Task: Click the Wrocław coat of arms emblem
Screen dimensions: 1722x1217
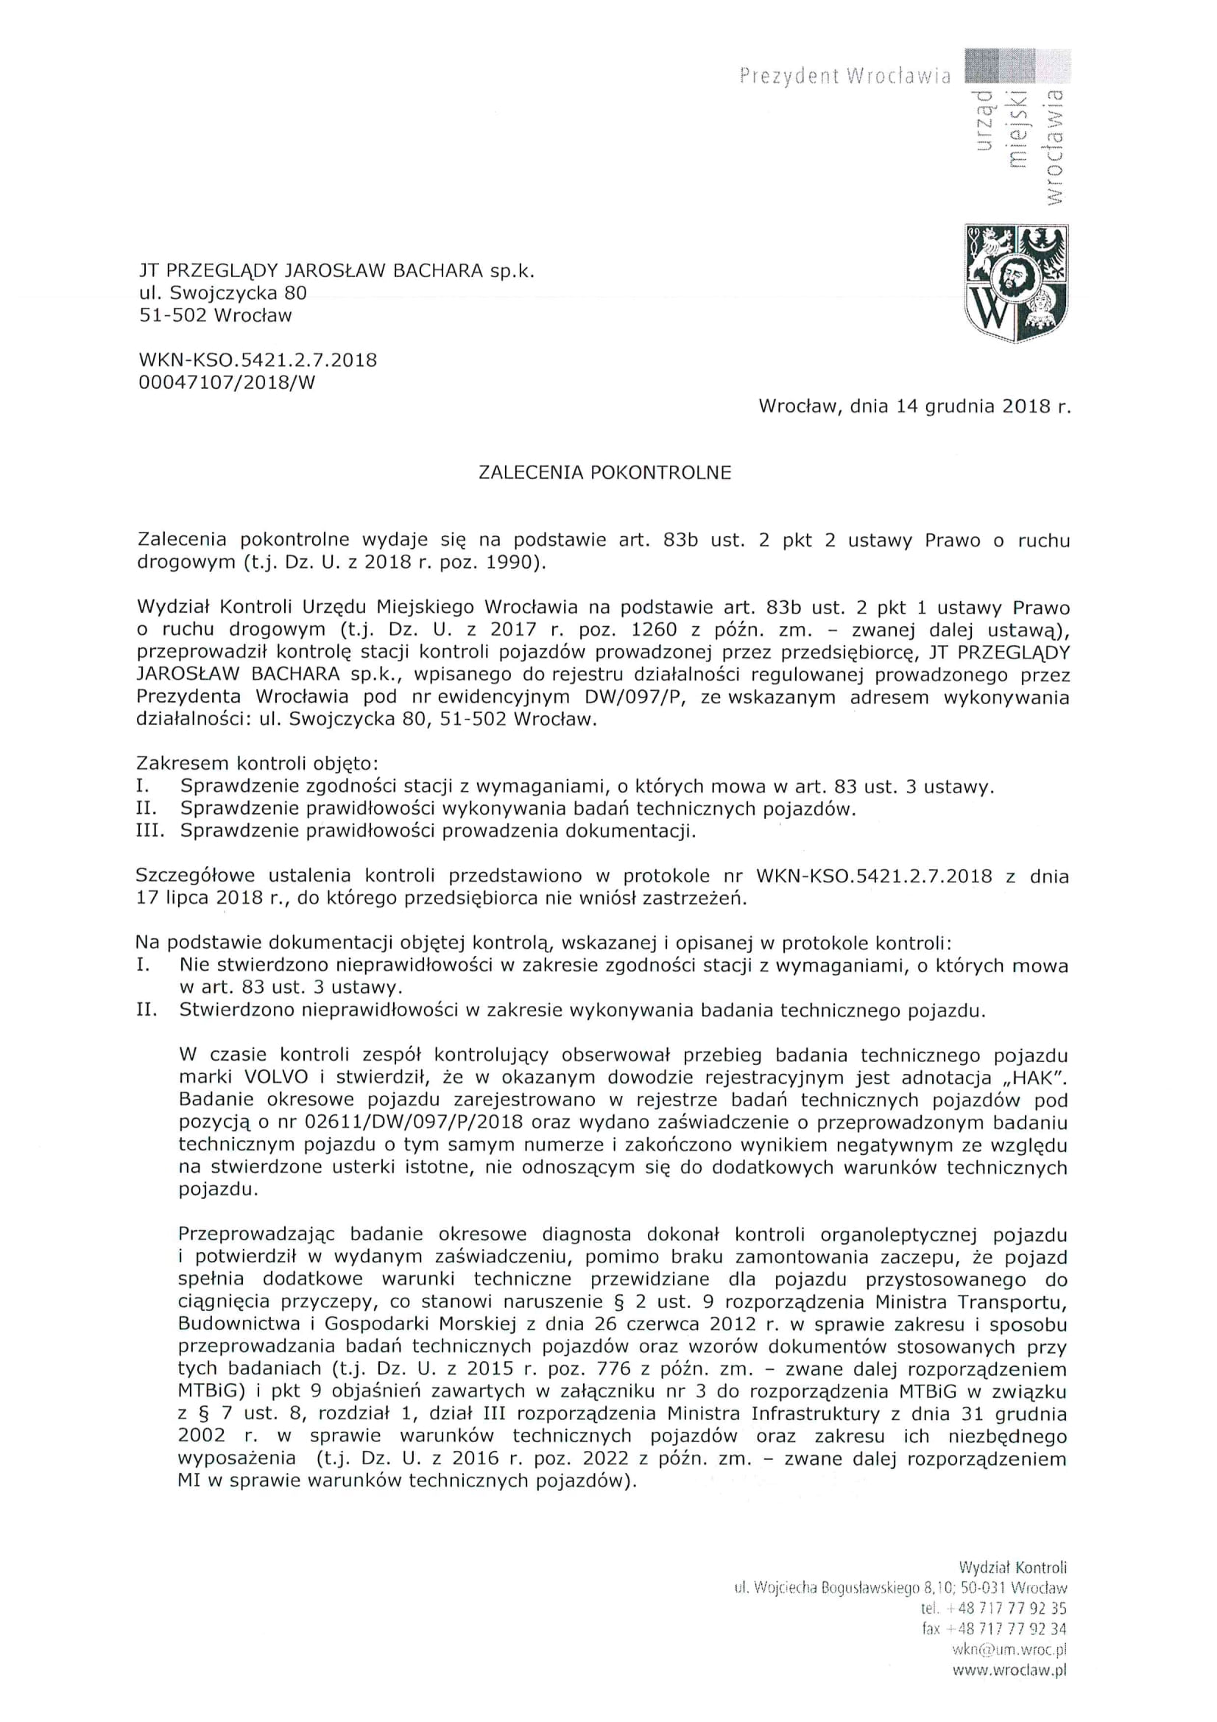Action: click(1016, 284)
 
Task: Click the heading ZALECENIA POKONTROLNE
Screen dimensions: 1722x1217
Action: click(604, 473)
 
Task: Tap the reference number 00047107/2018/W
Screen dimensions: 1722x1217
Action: click(227, 382)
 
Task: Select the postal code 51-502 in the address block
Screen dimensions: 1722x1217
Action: click(172, 315)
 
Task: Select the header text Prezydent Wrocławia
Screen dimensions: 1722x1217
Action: click(844, 76)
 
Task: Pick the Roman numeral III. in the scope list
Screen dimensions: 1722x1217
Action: click(152, 831)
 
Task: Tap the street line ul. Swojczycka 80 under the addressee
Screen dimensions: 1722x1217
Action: click(222, 292)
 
